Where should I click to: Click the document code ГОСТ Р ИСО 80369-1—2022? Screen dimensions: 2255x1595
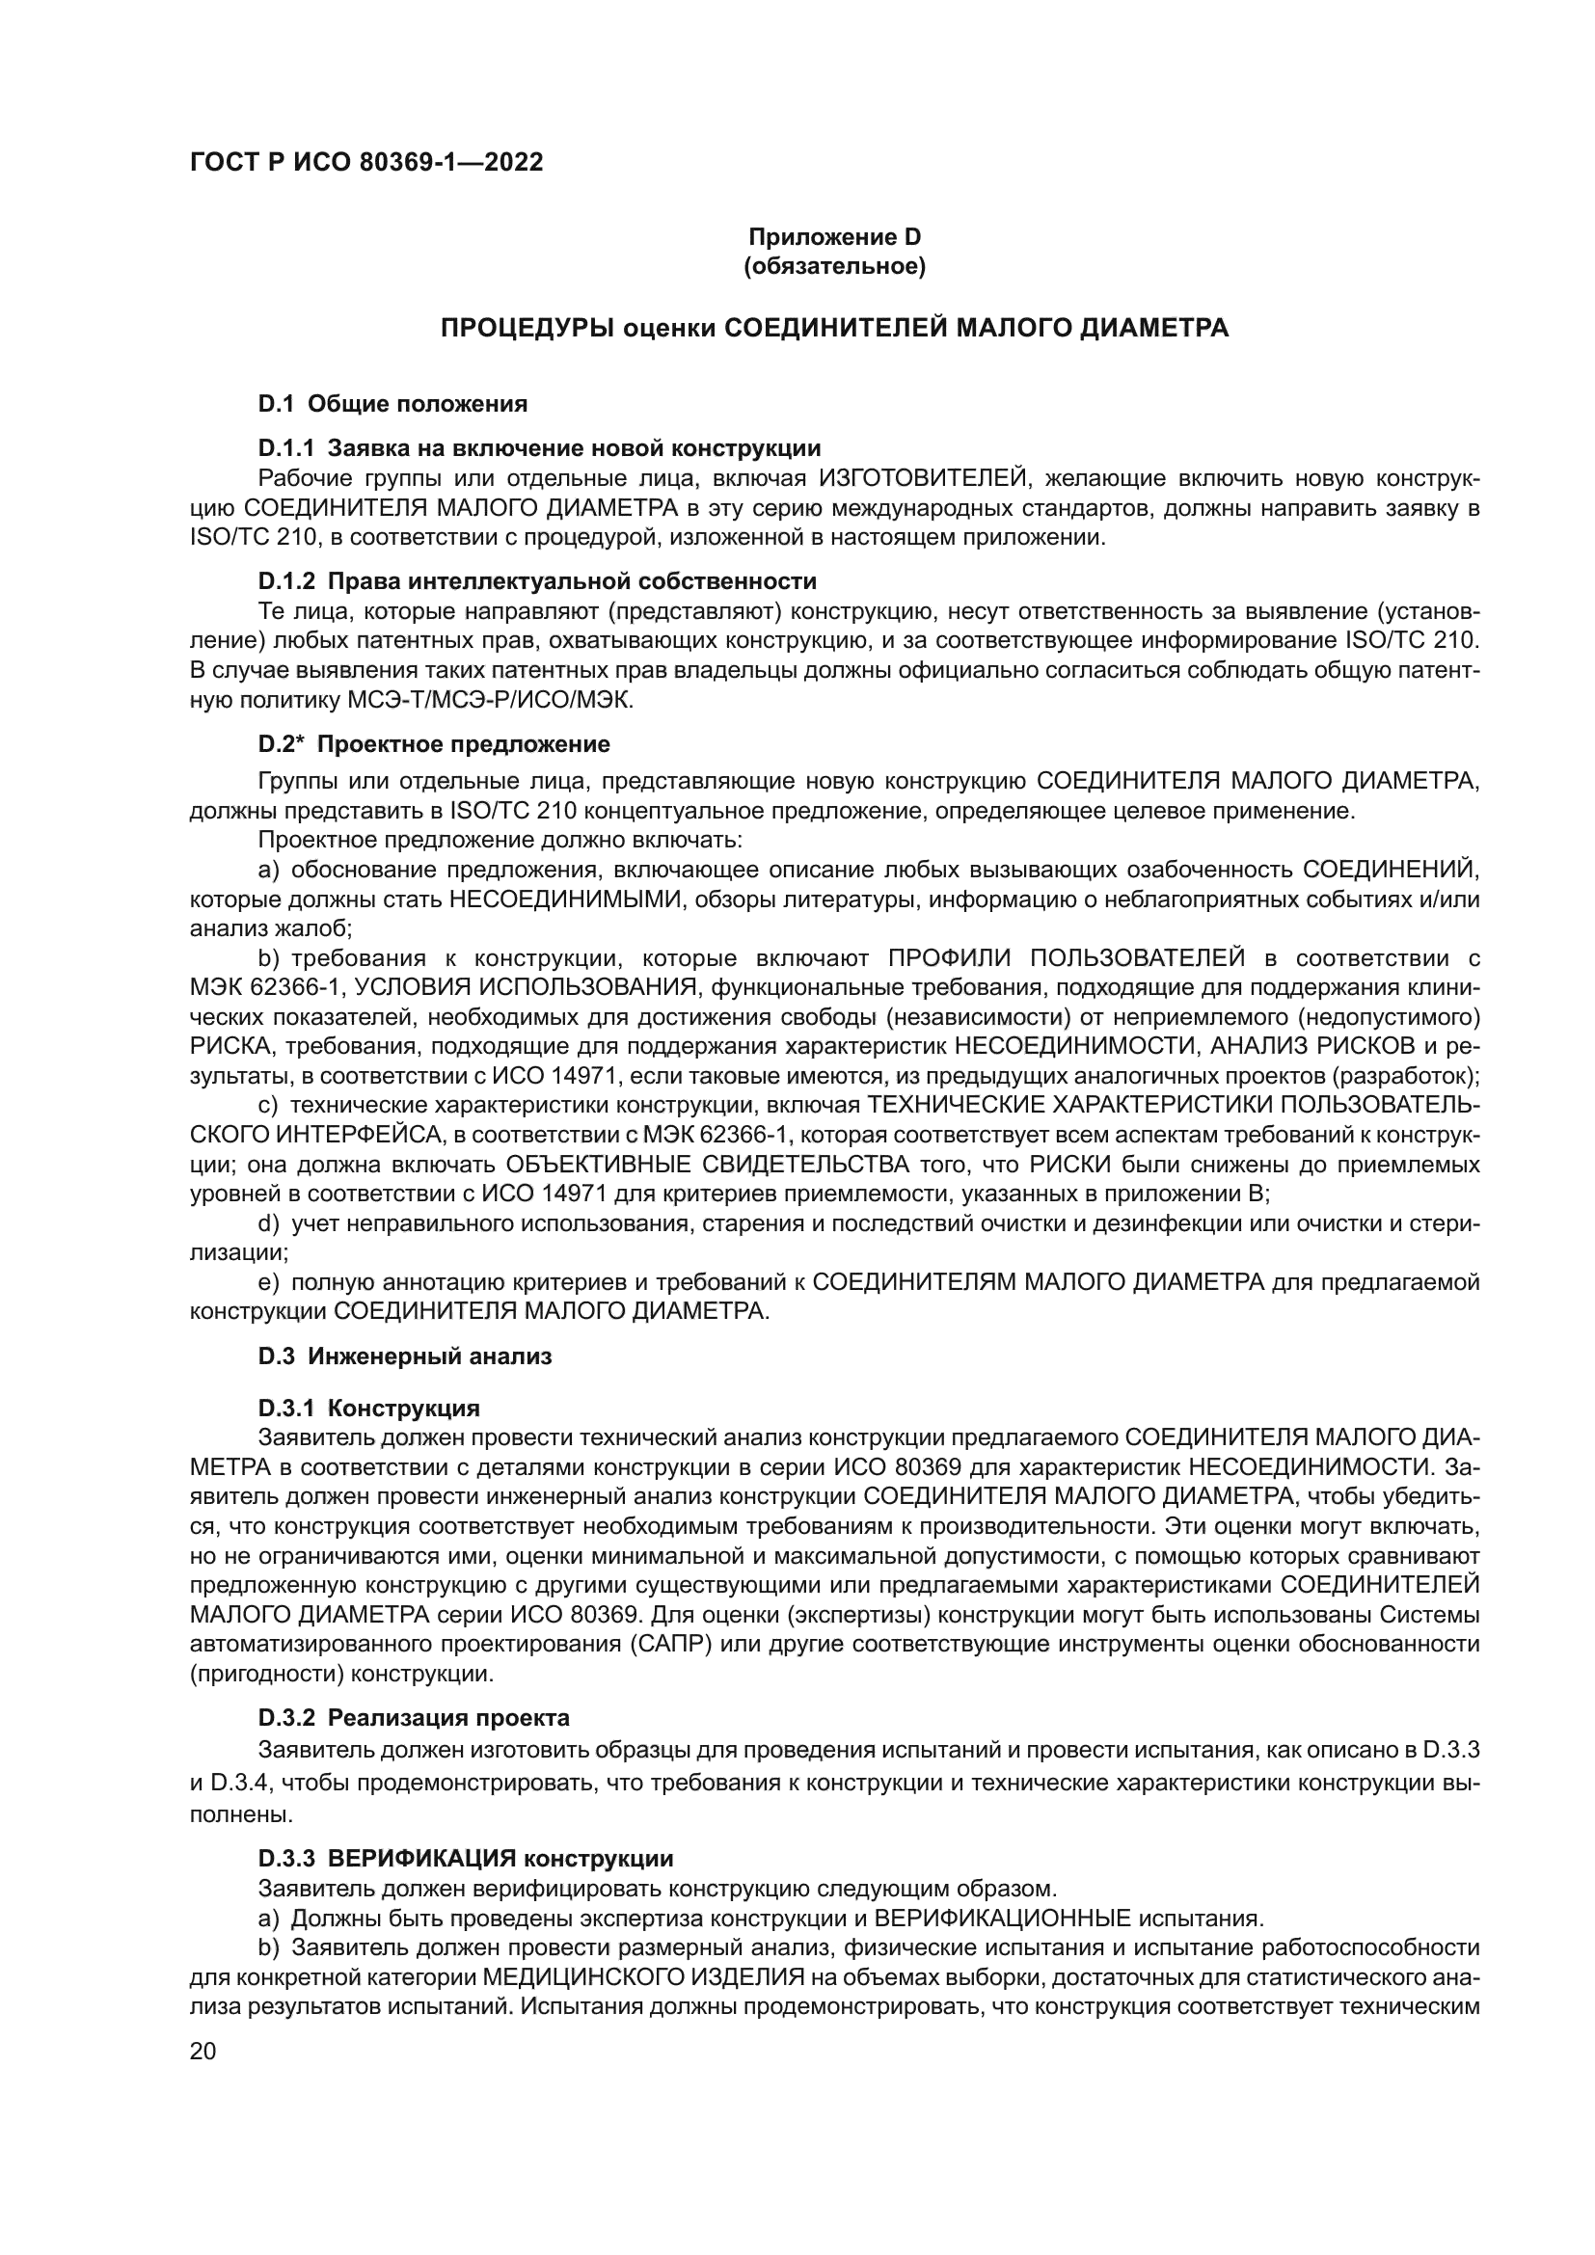click(x=365, y=163)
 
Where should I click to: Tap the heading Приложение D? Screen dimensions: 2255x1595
click(x=834, y=237)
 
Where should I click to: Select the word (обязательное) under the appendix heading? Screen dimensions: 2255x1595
click(x=834, y=266)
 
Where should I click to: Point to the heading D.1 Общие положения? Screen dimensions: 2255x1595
click(x=392, y=404)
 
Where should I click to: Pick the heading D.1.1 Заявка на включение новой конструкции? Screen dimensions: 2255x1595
click(x=539, y=449)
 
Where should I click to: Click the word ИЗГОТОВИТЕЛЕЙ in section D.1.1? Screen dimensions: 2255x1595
click(x=924, y=479)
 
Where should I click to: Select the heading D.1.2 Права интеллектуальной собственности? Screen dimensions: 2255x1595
click(x=537, y=581)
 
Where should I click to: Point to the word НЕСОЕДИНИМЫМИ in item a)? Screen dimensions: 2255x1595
click(x=565, y=899)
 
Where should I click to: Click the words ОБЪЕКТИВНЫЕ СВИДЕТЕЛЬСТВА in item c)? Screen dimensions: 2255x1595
click(x=707, y=1165)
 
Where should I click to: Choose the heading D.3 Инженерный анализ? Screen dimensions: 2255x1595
click(x=405, y=1357)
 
